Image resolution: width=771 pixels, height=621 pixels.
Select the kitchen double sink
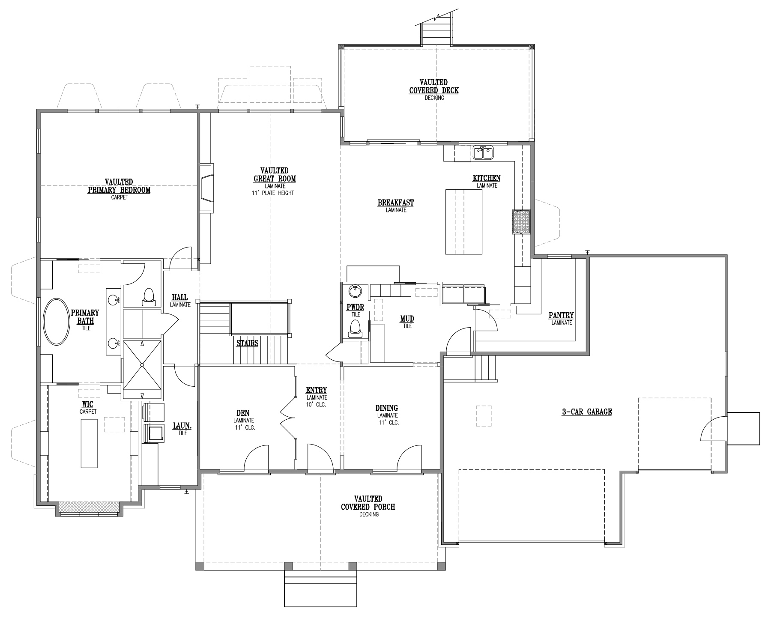pyautogui.click(x=483, y=152)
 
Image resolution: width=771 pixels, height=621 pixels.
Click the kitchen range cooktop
pyautogui.click(x=521, y=221)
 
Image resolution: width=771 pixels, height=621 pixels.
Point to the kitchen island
pyautogui.click(x=464, y=222)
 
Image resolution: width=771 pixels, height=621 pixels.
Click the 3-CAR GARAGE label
pyautogui.click(x=586, y=412)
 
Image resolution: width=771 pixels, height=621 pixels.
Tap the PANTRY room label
pyautogui.click(x=561, y=316)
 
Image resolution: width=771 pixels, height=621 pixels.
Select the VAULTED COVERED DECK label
pyautogui.click(x=433, y=86)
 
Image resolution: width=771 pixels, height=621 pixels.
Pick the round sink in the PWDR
pyautogui.click(x=355, y=291)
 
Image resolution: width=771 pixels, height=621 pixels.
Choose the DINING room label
pyautogui.click(x=387, y=408)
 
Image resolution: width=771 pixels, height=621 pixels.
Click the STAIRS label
pyautogui.click(x=247, y=343)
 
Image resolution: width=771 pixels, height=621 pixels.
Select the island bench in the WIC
pyautogui.click(x=89, y=443)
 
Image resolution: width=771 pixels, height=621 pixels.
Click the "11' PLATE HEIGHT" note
pyautogui.click(x=273, y=193)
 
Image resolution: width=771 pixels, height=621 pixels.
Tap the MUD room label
pyautogui.click(x=407, y=319)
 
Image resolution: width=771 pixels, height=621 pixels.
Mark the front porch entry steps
pyautogui.click(x=320, y=589)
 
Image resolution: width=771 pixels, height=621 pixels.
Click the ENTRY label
pyautogui.click(x=316, y=390)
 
